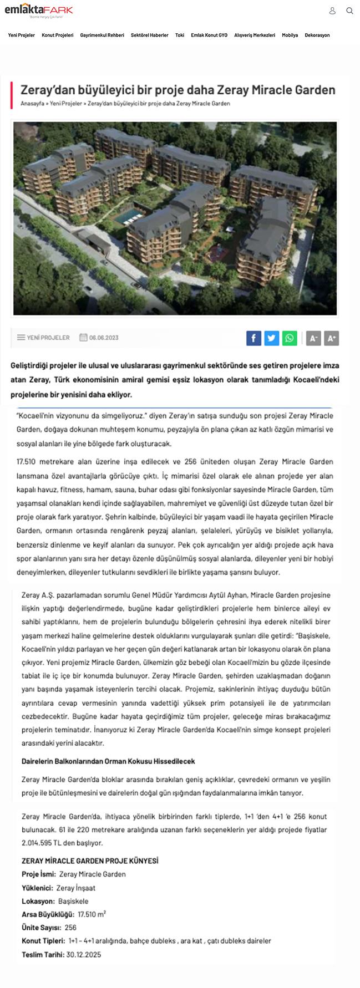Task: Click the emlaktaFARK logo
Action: [38, 11]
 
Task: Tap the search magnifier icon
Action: [349, 11]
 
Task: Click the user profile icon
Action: [332, 11]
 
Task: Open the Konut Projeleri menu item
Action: [58, 35]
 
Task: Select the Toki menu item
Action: [180, 35]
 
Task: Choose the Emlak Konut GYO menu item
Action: [209, 35]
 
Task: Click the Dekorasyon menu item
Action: [317, 35]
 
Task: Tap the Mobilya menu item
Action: [290, 35]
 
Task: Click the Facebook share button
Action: [253, 338]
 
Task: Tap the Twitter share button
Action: [272, 338]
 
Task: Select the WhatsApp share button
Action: [290, 338]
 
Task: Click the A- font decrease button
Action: [313, 338]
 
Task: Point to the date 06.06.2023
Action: [104, 337]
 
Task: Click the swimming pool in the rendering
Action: [125, 215]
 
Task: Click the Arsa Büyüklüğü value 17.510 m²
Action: [92, 914]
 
